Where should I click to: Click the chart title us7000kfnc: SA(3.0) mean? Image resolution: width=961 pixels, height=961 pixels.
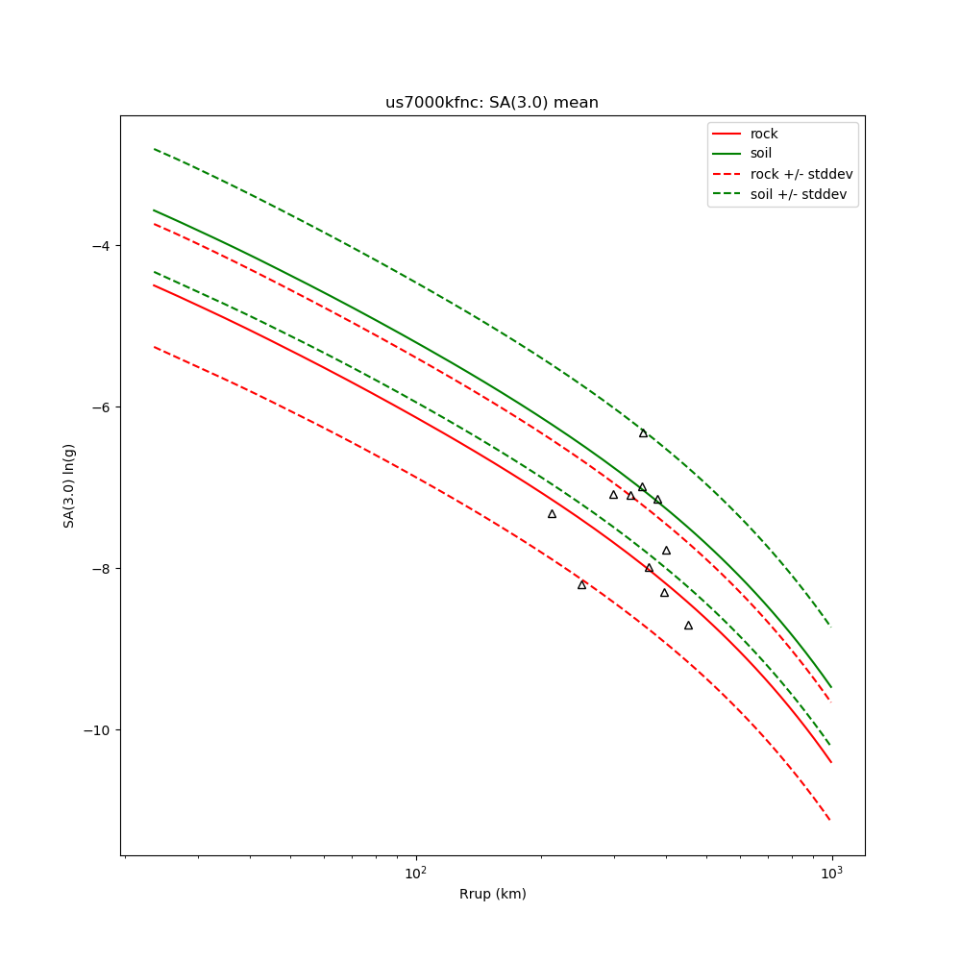tap(491, 103)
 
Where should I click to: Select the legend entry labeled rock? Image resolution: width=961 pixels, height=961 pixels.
tap(764, 134)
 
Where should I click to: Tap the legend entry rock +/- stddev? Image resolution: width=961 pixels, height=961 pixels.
tap(801, 174)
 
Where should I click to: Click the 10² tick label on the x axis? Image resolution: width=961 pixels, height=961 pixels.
tap(416, 873)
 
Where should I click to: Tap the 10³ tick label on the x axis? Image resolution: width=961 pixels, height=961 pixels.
tap(831, 873)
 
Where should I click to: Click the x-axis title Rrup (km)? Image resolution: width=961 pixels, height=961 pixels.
tap(492, 894)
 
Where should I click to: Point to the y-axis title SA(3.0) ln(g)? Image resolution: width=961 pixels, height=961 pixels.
tap(69, 485)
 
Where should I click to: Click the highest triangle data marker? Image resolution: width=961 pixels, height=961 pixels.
tap(643, 433)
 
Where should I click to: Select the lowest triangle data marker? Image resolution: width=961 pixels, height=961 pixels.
tap(688, 626)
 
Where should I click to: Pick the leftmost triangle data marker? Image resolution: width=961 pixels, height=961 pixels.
tap(552, 514)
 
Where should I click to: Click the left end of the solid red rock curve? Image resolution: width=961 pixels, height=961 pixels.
tap(154, 284)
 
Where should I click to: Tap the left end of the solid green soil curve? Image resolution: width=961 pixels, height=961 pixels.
tap(154, 209)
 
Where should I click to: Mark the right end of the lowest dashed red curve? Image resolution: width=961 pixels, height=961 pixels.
tap(830, 820)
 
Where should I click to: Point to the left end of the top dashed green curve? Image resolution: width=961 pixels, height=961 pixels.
tap(154, 149)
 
